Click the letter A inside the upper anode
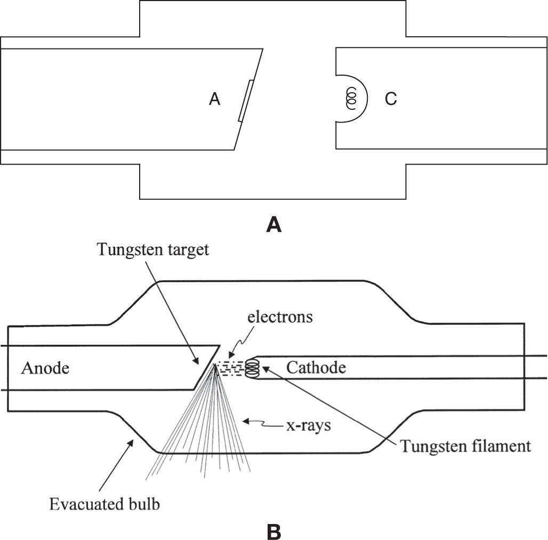(214, 99)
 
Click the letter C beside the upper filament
(391, 99)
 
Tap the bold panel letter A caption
(274, 225)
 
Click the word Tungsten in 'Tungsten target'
(122, 251)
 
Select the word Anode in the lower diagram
(45, 368)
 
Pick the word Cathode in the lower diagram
(316, 367)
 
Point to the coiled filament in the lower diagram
(252, 368)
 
